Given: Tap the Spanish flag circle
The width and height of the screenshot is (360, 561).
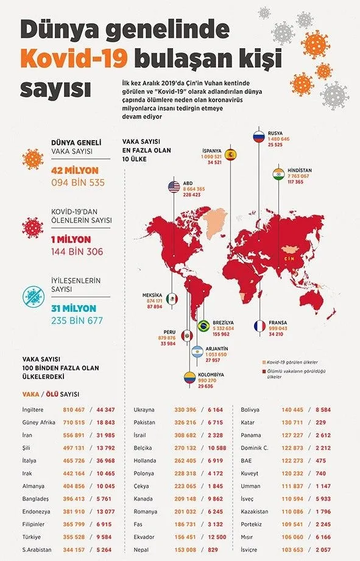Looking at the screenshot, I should [230, 154].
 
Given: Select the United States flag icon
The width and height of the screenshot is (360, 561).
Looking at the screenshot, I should [174, 187].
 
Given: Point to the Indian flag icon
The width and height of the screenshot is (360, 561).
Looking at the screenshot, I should [279, 173].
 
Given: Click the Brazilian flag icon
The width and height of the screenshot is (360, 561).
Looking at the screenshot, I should [204, 326].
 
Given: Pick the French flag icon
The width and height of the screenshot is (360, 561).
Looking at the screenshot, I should [259, 325].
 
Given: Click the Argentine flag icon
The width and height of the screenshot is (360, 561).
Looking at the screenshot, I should [198, 352].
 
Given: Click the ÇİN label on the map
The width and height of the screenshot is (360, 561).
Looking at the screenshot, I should [289, 258].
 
